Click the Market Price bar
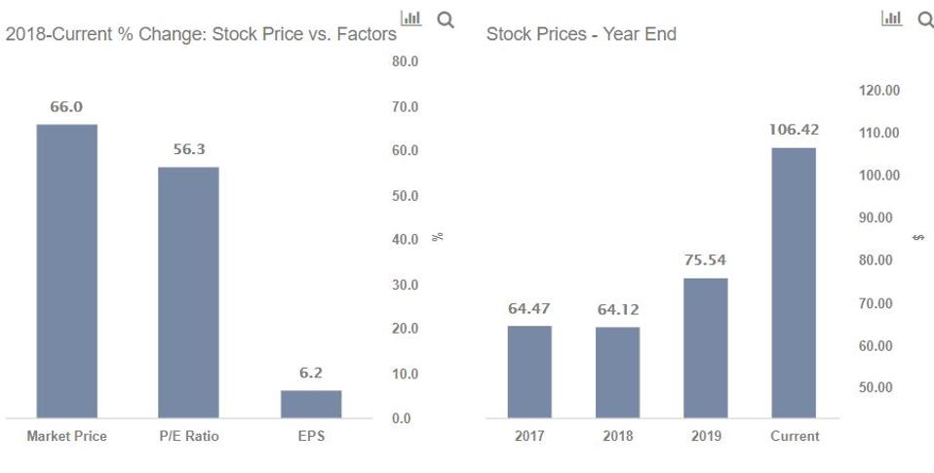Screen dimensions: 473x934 click(x=66, y=271)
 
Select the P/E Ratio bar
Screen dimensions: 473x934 click(x=188, y=293)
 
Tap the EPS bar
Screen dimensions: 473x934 click(x=310, y=404)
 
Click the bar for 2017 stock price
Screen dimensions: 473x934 click(x=529, y=372)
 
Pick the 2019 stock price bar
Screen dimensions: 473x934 click(x=705, y=348)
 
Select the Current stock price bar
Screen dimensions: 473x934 click(x=794, y=283)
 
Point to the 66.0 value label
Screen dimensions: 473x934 click(x=66, y=106)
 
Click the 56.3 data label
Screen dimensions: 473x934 click(x=188, y=149)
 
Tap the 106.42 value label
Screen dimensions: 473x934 click(x=794, y=129)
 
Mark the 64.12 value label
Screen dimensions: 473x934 click(x=617, y=309)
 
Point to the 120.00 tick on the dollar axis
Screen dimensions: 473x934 click(x=880, y=90)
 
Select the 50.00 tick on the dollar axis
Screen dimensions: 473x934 click(x=880, y=387)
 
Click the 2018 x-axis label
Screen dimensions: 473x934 click(x=617, y=436)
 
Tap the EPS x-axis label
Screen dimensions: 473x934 click(x=310, y=436)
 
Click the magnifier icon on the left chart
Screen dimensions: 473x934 click(x=446, y=19)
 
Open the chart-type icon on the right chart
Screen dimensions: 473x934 click(x=891, y=19)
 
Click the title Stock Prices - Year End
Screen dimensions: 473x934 click(x=581, y=34)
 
